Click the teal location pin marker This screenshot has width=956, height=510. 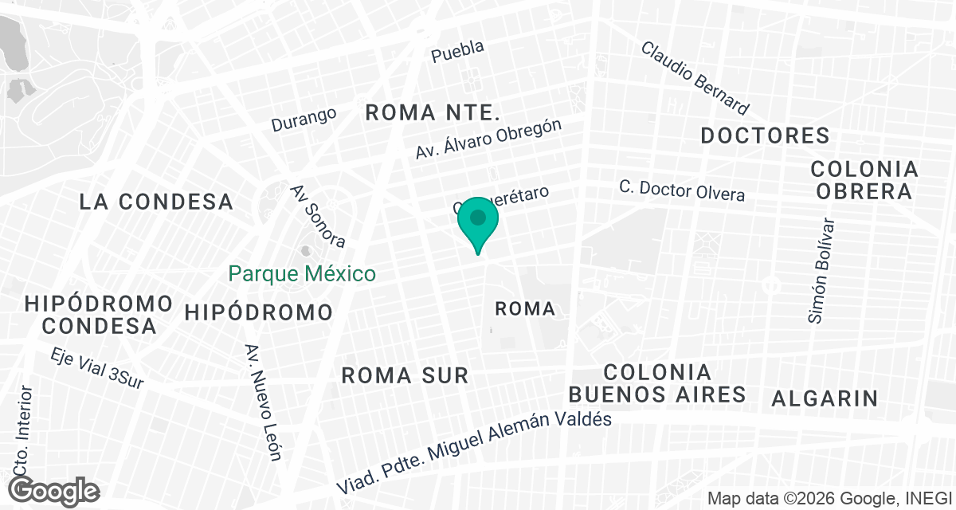pos(478,222)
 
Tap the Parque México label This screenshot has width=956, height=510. pos(302,274)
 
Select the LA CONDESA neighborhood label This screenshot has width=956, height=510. pos(156,202)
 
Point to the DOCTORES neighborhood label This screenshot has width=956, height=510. pos(765,136)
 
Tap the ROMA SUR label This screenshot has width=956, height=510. pos(405,375)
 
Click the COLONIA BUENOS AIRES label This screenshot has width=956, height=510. pos(657,383)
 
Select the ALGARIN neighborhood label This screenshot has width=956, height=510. pos(825,398)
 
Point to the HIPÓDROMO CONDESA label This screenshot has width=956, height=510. pos(100,314)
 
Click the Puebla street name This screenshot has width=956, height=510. pos(457,51)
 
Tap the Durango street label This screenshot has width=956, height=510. pos(304,120)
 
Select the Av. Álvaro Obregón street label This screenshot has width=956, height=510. pos(489,139)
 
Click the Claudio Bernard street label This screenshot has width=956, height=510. pos(695,77)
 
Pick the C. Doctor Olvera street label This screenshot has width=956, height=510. pos(683,190)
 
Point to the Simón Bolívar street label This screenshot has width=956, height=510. pos(821,270)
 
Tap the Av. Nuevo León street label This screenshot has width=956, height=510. pos(264,402)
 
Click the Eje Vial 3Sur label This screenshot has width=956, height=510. pos(96,369)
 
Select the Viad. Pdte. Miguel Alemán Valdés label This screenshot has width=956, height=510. pos(473,453)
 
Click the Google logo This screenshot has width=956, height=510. pos(55,490)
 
